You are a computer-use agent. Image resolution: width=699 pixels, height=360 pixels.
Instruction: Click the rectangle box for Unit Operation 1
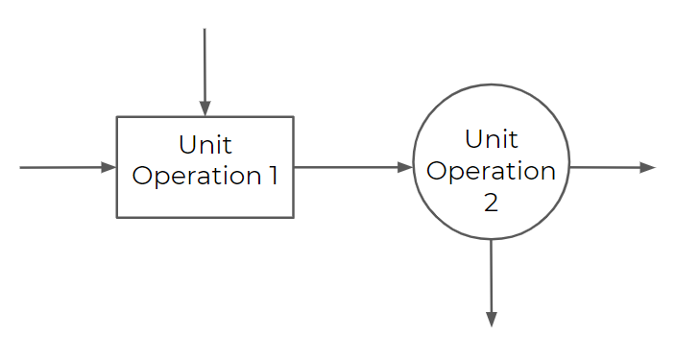click(205, 202)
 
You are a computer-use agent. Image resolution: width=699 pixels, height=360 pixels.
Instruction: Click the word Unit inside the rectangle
click(205, 146)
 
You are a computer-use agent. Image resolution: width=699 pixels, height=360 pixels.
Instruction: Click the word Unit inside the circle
click(491, 138)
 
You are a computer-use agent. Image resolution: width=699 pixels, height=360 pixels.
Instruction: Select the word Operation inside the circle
click(491, 171)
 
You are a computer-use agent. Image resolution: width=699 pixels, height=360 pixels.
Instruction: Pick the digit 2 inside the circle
click(491, 204)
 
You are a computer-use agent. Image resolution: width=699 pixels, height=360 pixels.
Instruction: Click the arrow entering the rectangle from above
click(205, 67)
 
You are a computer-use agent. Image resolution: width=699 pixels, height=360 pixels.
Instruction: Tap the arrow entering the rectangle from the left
click(62, 167)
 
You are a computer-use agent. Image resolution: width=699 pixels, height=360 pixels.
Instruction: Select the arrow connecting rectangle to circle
click(350, 167)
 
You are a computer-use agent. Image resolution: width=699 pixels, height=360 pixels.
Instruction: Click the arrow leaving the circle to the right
click(610, 167)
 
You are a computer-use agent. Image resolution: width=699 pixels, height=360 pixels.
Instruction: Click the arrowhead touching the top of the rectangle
click(205, 108)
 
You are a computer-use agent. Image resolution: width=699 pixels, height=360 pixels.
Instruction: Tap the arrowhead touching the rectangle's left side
click(108, 167)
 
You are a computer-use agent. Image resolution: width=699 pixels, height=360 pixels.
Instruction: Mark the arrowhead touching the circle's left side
click(405, 167)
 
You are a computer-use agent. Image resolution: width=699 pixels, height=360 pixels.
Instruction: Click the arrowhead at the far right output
click(648, 167)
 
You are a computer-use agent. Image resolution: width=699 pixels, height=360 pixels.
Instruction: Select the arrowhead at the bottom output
click(491, 319)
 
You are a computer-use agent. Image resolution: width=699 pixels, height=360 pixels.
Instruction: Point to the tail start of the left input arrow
click(22, 167)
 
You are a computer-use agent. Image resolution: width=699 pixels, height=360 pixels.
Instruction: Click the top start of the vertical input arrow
click(205, 31)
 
